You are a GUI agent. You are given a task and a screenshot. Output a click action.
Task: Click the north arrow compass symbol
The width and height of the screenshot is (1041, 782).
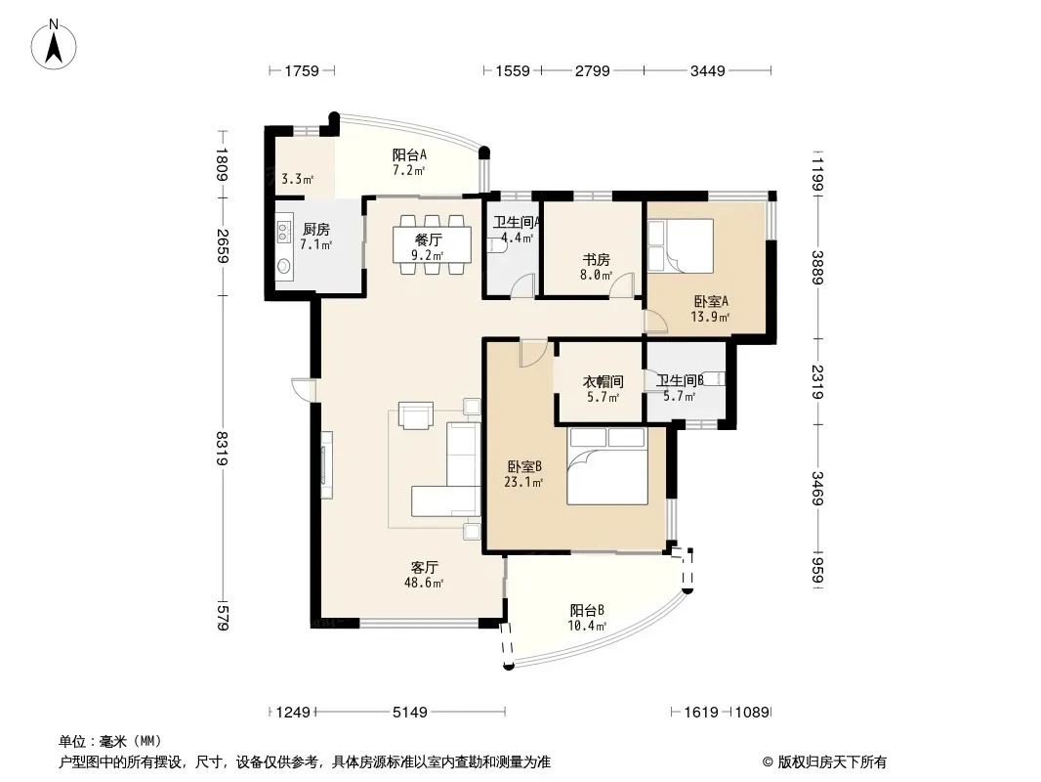[x=54, y=45]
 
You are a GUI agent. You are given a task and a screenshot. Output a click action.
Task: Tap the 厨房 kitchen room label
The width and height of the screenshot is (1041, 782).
[x=316, y=229]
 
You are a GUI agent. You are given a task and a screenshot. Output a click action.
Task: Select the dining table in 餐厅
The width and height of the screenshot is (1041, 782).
[x=433, y=244]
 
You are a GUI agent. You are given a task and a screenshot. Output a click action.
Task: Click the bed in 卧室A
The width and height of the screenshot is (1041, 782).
[x=681, y=245]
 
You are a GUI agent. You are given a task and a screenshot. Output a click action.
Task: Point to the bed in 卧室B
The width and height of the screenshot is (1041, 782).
[x=607, y=465]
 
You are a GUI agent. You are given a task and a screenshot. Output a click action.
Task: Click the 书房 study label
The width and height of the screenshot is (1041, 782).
[x=597, y=259]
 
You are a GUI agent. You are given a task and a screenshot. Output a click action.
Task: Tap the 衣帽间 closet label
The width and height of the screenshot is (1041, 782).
[x=603, y=381]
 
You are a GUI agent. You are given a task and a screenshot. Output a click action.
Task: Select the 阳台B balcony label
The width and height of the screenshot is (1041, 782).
[x=587, y=610]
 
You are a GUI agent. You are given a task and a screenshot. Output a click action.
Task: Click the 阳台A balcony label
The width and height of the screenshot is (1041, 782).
[x=409, y=154]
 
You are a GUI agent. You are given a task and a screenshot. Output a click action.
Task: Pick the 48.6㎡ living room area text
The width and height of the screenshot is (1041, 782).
[x=424, y=584]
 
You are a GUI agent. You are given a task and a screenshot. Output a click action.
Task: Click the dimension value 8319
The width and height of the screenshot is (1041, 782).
[x=223, y=449]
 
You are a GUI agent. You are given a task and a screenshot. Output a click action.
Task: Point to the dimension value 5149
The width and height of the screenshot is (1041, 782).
[x=409, y=713]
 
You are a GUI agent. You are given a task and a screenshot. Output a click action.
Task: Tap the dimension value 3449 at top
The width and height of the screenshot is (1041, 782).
[x=708, y=70]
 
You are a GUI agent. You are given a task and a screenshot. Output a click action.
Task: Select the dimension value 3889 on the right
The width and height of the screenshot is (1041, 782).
[x=817, y=267]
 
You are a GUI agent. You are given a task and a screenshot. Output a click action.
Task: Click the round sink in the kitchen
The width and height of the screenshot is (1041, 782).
[x=284, y=267]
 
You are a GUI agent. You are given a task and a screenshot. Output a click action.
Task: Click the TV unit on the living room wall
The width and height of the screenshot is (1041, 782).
[x=326, y=465]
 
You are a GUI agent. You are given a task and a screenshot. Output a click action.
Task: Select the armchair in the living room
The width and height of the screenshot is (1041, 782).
[x=416, y=415]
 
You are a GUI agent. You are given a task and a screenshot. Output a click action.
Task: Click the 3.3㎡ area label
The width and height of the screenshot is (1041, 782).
[x=297, y=179]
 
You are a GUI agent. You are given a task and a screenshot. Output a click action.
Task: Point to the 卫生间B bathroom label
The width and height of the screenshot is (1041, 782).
[x=680, y=380]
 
